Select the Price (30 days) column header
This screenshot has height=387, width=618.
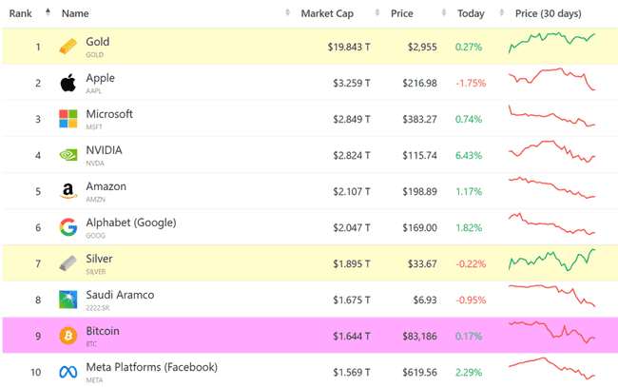(548, 13)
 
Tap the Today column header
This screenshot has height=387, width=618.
(470, 13)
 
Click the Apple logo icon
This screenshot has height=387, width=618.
(68, 83)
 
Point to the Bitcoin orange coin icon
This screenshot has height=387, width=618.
(68, 336)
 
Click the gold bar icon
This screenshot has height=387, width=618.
(68, 47)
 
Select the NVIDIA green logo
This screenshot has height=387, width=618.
(68, 155)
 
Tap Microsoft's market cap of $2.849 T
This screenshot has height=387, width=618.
(349, 119)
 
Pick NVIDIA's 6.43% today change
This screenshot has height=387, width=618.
(469, 155)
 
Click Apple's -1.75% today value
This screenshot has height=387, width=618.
(471, 83)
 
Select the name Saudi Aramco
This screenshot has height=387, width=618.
(120, 295)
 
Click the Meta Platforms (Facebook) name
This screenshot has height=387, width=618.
(151, 367)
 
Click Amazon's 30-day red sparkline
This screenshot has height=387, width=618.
(551, 190)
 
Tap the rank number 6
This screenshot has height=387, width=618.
(37, 227)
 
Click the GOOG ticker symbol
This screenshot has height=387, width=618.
(95, 235)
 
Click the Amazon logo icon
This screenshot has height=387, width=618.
(68, 191)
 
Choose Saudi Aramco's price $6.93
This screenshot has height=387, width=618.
(424, 300)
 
